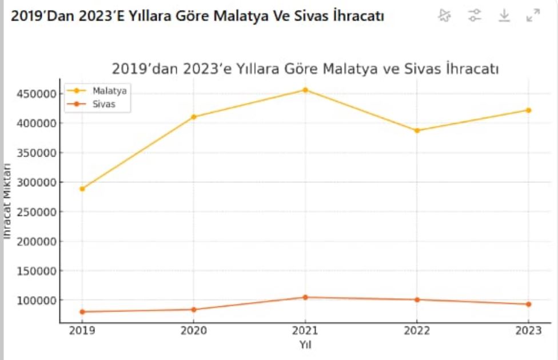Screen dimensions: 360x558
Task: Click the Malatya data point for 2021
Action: [x=305, y=90]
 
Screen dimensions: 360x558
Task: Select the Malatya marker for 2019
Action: [x=82, y=189]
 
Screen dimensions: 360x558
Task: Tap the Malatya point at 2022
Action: [x=417, y=130]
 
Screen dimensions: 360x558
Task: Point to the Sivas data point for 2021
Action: [x=305, y=297]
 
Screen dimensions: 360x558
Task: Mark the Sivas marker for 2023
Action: [x=528, y=304]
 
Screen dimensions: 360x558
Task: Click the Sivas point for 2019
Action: [x=82, y=311]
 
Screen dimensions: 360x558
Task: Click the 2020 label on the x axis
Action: [x=194, y=331]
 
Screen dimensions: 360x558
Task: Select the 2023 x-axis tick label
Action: [x=528, y=331]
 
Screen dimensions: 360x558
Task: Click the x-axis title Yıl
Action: [x=305, y=345]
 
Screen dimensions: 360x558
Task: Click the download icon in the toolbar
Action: [x=504, y=15]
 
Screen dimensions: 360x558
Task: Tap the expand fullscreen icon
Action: [x=533, y=15]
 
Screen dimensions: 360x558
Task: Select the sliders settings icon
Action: [x=474, y=15]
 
